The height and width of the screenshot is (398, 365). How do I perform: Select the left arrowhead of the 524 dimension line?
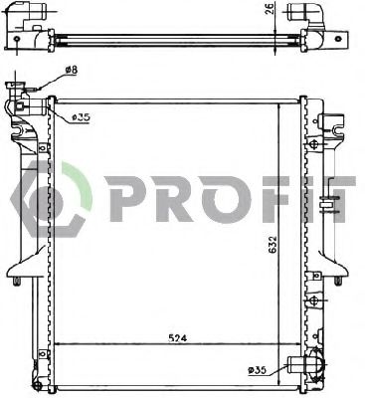[59, 343]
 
